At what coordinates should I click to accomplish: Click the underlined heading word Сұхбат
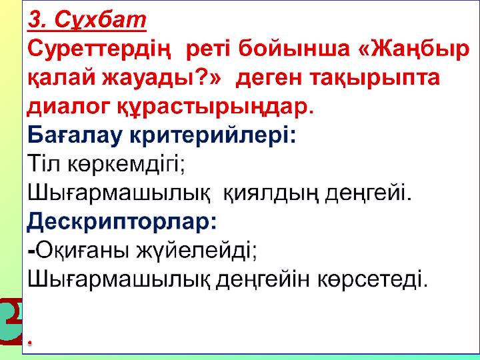(100, 20)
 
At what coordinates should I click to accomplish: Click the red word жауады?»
(161, 78)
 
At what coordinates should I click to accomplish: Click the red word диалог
(69, 107)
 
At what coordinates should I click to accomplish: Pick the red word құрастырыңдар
(216, 108)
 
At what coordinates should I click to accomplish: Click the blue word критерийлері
(213, 135)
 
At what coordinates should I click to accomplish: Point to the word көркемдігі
(126, 165)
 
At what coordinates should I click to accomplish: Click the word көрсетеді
(372, 279)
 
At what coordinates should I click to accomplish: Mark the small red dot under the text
(30, 342)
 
